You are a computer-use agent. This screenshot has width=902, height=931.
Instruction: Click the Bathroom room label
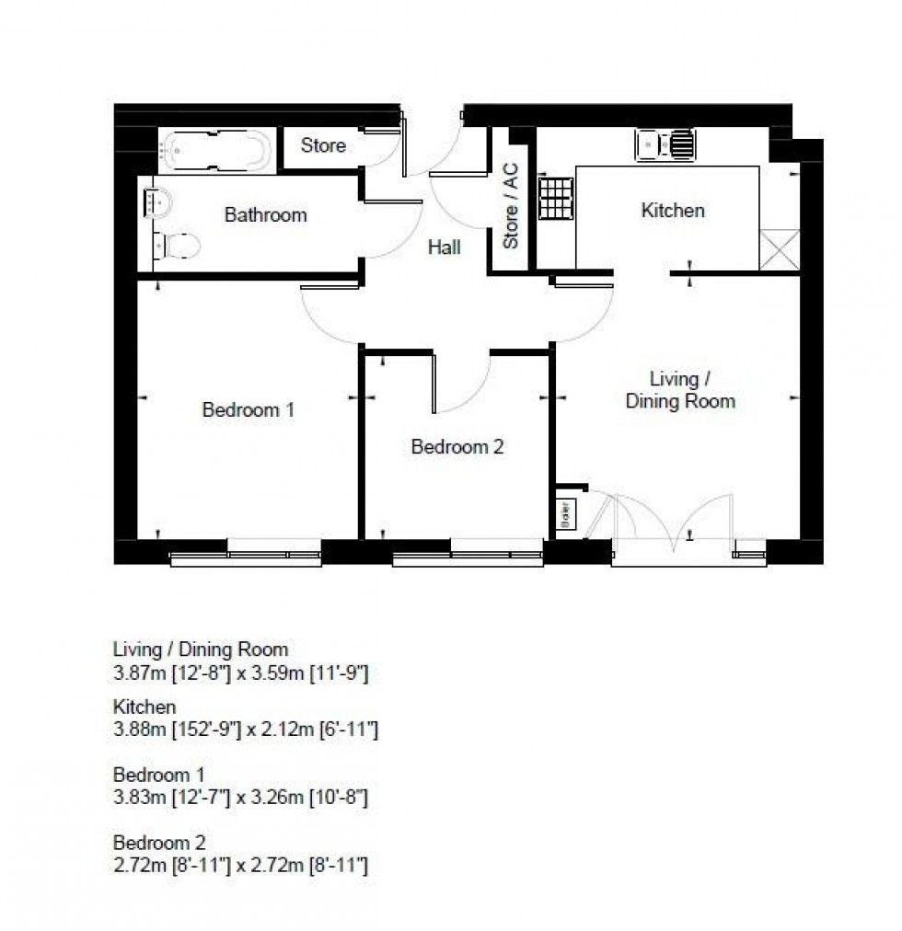(265, 215)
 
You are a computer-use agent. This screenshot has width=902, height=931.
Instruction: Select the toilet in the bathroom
(178, 246)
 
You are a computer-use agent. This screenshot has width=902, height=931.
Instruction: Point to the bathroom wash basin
(156, 201)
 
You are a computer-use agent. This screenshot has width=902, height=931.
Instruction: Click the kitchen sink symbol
(665, 144)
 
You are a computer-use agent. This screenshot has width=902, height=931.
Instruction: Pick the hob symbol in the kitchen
(555, 201)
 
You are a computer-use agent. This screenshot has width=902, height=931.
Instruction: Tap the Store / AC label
(511, 206)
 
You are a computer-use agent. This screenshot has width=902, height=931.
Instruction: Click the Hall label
(444, 247)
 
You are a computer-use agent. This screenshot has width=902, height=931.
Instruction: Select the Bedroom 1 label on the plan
(248, 409)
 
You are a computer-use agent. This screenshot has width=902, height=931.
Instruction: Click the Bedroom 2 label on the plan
(457, 447)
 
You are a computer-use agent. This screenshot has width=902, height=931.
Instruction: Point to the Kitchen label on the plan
(673, 211)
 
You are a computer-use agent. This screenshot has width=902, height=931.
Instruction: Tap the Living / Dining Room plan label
(679, 389)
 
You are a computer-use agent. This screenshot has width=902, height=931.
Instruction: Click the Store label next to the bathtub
(323, 145)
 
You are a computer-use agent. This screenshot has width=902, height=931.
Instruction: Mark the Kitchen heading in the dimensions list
(145, 707)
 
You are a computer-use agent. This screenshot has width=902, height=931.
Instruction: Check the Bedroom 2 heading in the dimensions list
(159, 842)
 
